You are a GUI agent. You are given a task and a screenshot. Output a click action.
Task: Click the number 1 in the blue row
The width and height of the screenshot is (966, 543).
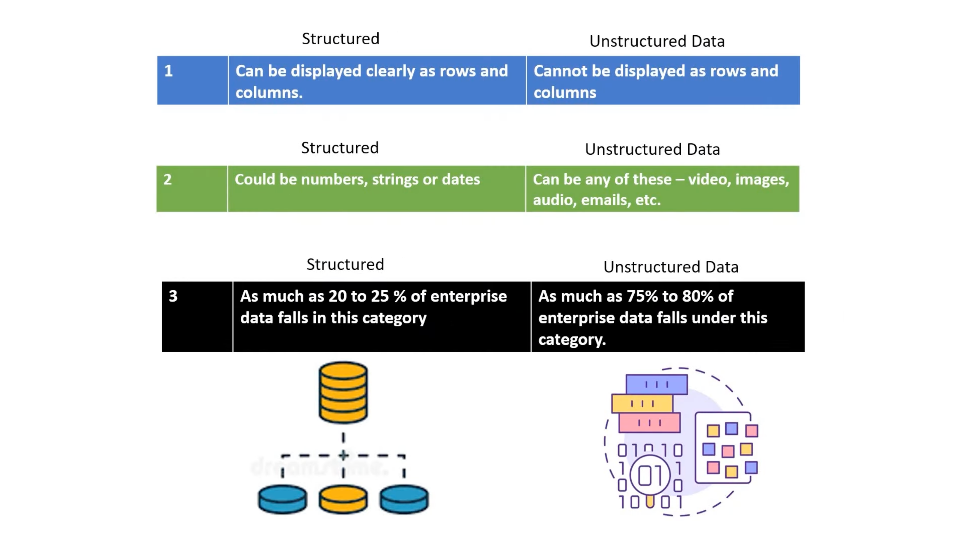click(x=168, y=71)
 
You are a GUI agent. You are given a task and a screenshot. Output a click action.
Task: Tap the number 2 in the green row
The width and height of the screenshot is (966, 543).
click(x=168, y=180)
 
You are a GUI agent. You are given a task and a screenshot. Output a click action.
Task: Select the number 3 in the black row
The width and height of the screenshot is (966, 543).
click(x=173, y=296)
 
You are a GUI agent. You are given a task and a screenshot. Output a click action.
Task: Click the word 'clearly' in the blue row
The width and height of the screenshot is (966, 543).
click(x=390, y=71)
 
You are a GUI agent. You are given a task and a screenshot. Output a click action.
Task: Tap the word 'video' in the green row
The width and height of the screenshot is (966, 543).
click(x=709, y=180)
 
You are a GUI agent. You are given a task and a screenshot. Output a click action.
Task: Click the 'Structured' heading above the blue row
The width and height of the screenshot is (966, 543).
click(x=341, y=39)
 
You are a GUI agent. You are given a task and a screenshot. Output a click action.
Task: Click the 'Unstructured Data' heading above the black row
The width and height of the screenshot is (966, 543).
click(x=671, y=267)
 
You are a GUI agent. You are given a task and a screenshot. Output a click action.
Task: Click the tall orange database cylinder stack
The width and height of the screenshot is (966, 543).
click(x=343, y=392)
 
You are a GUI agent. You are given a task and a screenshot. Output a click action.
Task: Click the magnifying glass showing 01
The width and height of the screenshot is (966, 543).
click(x=650, y=476)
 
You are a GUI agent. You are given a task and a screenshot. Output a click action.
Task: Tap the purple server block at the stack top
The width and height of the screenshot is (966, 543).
click(x=656, y=384)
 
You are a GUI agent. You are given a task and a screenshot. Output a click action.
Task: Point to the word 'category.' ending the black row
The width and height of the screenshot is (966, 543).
click(x=572, y=340)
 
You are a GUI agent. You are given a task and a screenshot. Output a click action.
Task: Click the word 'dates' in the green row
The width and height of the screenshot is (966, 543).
click(x=461, y=180)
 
